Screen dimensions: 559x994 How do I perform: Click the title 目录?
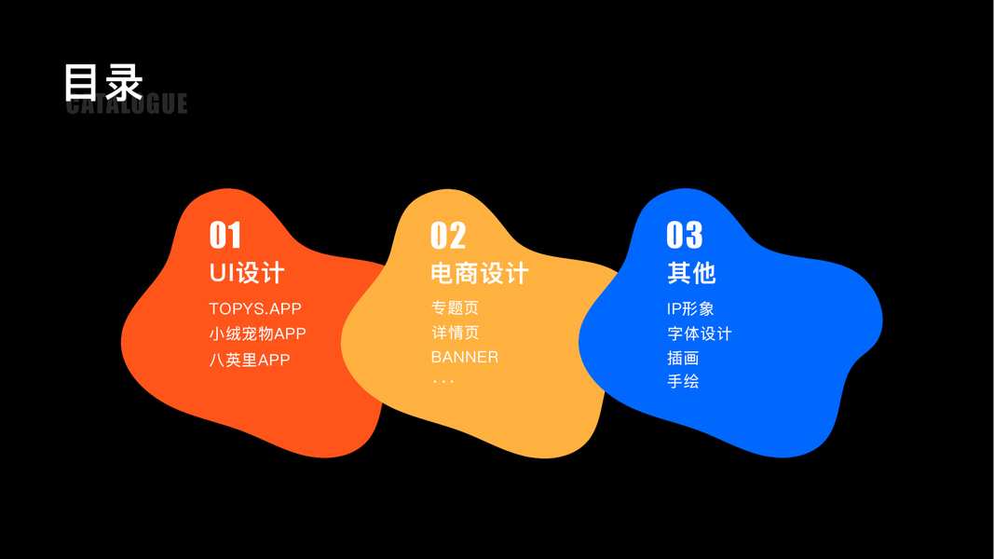click(102, 82)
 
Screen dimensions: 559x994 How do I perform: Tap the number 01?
click(225, 235)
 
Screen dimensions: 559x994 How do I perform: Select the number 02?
click(448, 235)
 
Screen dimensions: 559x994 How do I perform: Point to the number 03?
click(685, 235)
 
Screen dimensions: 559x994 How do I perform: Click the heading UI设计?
click(247, 273)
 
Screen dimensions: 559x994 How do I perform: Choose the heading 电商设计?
click(480, 273)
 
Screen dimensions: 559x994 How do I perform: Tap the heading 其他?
click(691, 273)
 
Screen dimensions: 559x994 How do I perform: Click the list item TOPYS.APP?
click(255, 308)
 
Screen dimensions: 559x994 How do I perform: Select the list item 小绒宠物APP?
click(257, 334)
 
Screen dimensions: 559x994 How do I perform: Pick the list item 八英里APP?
click(250, 360)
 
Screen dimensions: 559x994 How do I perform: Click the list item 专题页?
click(455, 308)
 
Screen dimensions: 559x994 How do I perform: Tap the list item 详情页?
click(455, 333)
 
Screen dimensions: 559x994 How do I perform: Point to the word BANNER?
click(464, 357)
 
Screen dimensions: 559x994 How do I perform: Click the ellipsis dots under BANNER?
click(443, 381)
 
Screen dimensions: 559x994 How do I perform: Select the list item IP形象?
click(690, 308)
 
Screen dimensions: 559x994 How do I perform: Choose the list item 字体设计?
click(700, 334)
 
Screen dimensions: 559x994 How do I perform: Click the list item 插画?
click(683, 358)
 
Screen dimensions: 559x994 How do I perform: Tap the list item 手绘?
click(683, 381)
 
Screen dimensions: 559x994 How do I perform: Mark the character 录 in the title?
click(123, 82)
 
